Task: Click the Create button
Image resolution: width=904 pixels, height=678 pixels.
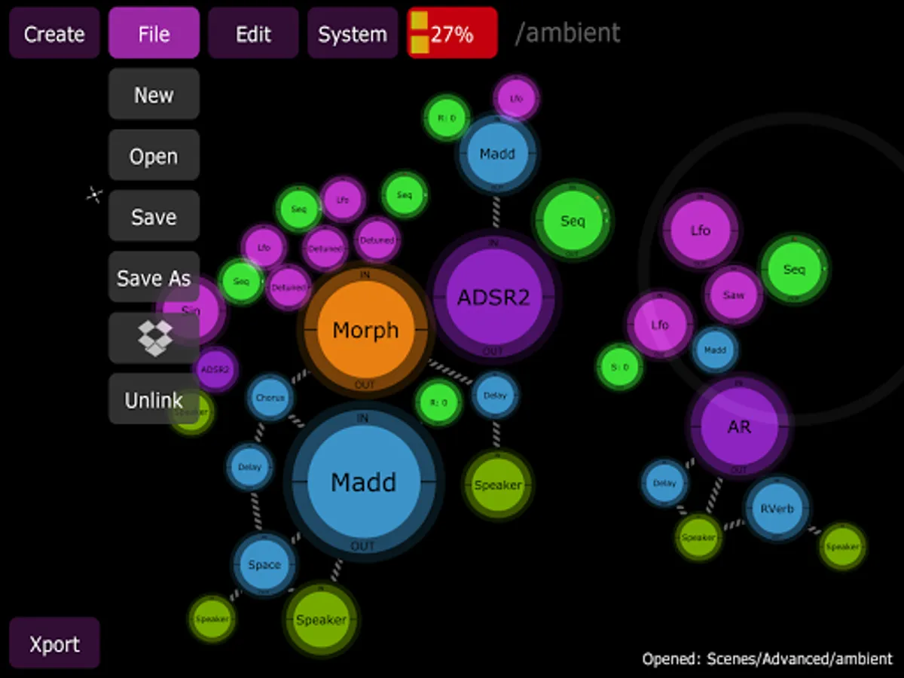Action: tap(54, 34)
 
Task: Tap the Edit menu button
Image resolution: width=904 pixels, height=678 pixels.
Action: tap(253, 34)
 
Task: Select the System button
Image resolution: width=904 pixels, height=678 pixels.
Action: tap(353, 34)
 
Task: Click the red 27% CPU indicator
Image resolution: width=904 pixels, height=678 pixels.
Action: tap(452, 34)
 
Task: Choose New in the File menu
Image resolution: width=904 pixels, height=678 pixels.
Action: tap(154, 95)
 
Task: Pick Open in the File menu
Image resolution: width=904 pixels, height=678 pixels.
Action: tap(154, 156)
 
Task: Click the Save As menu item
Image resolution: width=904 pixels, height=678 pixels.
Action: tap(154, 278)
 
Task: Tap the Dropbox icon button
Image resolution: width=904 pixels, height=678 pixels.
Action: tap(154, 339)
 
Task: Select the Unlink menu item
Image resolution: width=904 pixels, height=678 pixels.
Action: tap(154, 400)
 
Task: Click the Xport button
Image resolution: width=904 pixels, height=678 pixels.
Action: tap(54, 644)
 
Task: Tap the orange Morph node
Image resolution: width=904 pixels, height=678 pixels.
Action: tap(365, 330)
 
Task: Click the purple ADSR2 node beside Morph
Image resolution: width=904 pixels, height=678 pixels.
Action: tap(493, 297)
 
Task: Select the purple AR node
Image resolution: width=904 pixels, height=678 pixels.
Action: tap(739, 427)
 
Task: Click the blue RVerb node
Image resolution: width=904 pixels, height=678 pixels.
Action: tap(777, 508)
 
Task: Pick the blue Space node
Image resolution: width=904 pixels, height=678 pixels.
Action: tap(264, 565)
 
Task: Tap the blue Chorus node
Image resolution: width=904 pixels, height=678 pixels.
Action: tap(270, 397)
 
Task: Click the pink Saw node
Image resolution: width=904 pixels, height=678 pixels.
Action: tap(734, 295)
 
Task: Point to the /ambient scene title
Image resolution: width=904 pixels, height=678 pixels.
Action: tap(567, 33)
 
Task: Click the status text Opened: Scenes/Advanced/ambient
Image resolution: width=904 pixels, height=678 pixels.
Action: tap(767, 659)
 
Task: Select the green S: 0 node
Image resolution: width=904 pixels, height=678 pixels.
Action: tap(620, 368)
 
